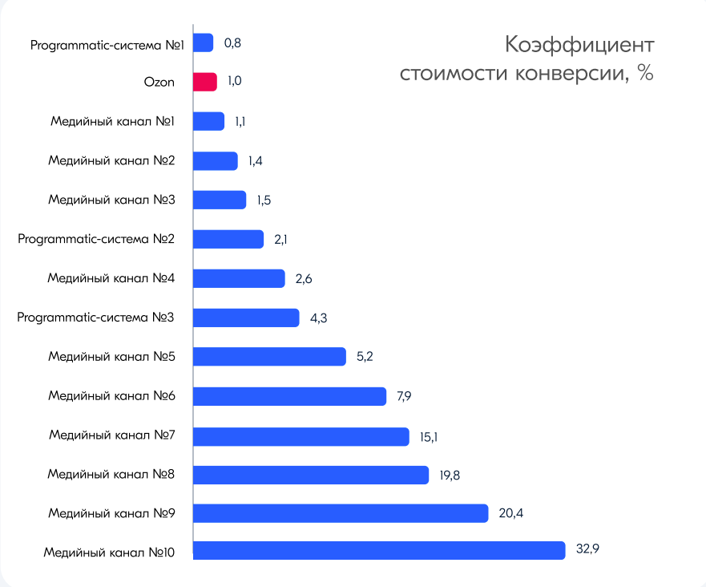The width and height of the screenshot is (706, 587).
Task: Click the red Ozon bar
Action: pos(205,82)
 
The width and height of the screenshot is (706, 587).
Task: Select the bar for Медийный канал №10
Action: pos(379,551)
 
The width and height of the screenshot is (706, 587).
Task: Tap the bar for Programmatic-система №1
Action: pos(204,43)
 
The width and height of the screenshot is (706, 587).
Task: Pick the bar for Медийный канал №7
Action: pos(301,436)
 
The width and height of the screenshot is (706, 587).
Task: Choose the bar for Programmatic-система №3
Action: pos(246,318)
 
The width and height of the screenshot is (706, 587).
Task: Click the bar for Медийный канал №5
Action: pos(269,357)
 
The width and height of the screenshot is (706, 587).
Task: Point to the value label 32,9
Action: pos(587,550)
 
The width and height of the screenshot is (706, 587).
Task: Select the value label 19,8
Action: pos(450,476)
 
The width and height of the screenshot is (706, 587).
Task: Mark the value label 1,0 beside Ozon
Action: pos(235,82)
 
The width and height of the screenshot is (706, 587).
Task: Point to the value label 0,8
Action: pos(232,43)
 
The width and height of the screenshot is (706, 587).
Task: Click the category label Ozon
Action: pos(159,82)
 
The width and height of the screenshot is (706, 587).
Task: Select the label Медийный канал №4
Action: pos(111,278)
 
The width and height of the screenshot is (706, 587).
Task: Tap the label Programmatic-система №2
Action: pos(96,239)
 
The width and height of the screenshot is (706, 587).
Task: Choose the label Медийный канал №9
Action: pos(111,512)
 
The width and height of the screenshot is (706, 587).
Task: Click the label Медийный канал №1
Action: pos(112,121)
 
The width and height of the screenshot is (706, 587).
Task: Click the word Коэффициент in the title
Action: pos(580,44)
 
